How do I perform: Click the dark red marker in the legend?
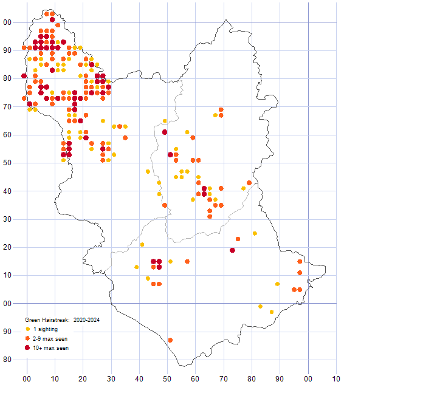28,348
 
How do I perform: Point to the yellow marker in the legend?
28,329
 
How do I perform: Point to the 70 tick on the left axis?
7,106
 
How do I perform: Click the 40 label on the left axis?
7,191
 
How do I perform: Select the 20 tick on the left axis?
7,247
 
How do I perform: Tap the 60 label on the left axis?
7,134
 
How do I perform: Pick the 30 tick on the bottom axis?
111,379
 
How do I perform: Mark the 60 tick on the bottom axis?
196,379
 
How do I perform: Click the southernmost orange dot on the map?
170,340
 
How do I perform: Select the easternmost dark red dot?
232,250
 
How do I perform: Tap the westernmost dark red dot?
24,76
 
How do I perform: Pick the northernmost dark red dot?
52,19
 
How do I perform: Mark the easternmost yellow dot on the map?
277,284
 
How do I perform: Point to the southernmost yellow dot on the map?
272,312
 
